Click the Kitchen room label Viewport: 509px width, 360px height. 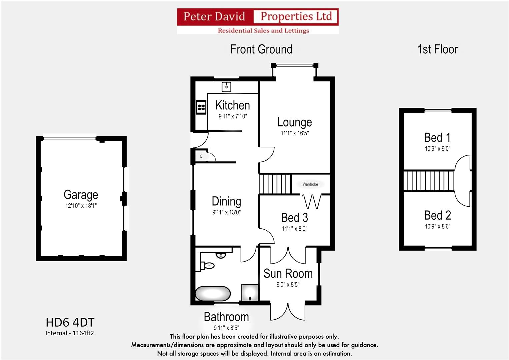232,105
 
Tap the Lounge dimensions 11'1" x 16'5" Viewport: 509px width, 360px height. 295,133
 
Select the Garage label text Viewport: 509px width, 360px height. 81,195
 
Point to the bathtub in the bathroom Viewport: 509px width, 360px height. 213,294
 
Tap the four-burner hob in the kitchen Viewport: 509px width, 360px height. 201,107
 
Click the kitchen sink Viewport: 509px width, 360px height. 226,87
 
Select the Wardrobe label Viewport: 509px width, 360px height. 310,184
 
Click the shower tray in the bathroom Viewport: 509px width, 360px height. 250,292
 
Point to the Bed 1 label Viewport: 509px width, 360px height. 437,137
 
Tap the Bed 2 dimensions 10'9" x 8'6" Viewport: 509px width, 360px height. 437,227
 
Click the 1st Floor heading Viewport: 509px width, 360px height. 437,49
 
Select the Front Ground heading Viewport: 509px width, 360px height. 261,49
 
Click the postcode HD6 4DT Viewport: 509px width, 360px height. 70,322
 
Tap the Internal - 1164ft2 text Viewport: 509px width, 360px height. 70,333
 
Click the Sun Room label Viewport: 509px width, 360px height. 288,274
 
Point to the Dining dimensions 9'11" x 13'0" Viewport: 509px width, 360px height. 226,212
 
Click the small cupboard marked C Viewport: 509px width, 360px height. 201,156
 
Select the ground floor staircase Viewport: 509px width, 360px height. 275,184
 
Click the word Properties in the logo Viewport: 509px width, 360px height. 296,16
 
